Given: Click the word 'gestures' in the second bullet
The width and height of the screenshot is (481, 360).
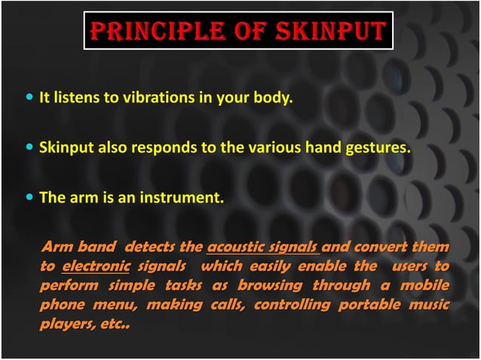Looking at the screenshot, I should tap(381, 148).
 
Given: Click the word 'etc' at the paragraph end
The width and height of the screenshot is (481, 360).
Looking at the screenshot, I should tap(113, 325).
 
